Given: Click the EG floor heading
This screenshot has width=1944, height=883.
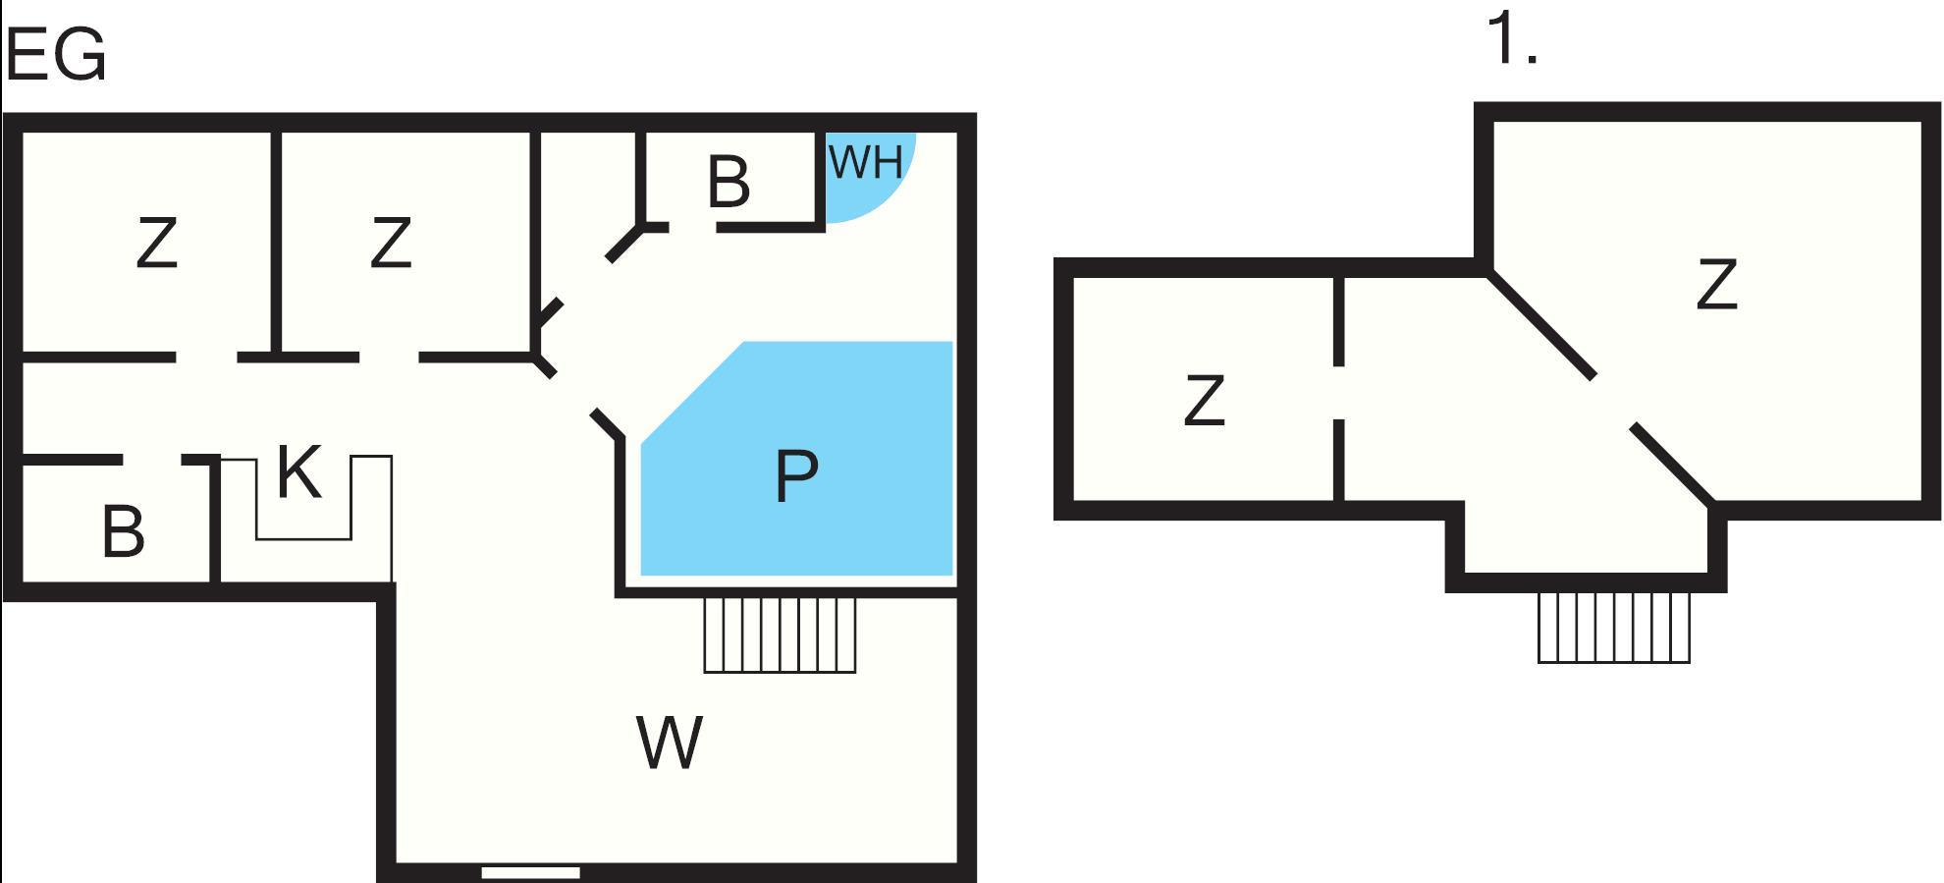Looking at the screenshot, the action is [x=56, y=55].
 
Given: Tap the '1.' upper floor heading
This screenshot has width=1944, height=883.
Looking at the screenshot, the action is [x=1512, y=39].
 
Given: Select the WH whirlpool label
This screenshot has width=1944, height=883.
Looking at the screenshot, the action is [x=866, y=162].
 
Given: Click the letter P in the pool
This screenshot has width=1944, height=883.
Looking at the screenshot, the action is [x=796, y=475].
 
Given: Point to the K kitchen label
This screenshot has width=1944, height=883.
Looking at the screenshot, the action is [x=299, y=472].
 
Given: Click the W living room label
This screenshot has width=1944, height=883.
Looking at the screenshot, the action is [x=670, y=743].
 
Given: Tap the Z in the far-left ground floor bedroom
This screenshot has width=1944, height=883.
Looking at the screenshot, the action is [x=157, y=243].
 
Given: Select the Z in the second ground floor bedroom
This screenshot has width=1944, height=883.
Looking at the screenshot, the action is [x=391, y=243].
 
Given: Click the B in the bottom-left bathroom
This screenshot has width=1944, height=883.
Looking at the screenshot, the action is [x=124, y=532].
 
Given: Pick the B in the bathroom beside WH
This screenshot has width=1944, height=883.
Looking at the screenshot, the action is [x=729, y=182].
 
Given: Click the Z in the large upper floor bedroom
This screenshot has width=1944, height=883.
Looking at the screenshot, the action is [x=1717, y=285].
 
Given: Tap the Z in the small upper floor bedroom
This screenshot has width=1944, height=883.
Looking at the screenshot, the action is [x=1205, y=400].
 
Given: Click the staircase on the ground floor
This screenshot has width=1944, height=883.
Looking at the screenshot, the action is [x=780, y=635].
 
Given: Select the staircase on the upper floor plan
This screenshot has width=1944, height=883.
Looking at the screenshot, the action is [x=1614, y=627].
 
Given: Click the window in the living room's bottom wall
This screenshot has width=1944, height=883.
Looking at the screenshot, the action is [x=530, y=872].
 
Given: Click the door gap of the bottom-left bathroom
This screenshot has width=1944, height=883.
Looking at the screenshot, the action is [x=152, y=460].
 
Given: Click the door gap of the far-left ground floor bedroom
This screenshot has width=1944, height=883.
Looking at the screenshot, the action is [x=206, y=358].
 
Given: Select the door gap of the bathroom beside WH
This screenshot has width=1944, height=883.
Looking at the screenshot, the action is [x=692, y=227].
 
